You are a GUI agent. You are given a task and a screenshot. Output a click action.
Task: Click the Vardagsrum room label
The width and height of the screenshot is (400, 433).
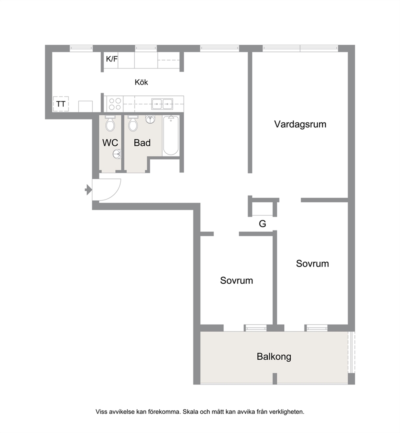(300, 124)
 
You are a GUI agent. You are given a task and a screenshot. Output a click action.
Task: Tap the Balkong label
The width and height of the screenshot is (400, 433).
(274, 357)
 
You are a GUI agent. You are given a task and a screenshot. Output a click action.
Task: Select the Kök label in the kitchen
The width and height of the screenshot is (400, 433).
(142, 82)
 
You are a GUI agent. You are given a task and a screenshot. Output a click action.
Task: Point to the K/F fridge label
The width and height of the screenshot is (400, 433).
(112, 59)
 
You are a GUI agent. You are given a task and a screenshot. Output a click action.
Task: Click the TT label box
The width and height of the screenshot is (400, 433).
(61, 104)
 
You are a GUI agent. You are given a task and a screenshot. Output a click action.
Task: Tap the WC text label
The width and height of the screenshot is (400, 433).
(110, 143)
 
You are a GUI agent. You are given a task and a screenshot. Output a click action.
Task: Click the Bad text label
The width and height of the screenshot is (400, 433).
(142, 143)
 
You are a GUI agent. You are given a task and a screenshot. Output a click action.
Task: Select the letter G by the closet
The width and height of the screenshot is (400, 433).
(262, 223)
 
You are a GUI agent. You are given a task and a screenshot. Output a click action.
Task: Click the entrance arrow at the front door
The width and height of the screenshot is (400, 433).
(88, 190)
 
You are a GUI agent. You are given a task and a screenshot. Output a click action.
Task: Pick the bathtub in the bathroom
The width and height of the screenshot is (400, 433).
(171, 135)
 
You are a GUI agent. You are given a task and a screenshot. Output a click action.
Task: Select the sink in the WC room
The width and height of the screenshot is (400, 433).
(117, 154)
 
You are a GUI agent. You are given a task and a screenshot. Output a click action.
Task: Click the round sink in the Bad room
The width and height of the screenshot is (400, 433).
(150, 119)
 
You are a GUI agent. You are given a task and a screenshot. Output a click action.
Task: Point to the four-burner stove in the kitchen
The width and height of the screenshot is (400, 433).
(115, 104)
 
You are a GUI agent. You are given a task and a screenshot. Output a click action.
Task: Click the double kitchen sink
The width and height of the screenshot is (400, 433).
(162, 104)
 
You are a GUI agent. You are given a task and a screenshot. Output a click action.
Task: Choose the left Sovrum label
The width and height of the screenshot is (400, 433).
(237, 280)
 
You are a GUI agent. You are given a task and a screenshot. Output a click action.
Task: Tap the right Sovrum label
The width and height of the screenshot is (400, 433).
(312, 264)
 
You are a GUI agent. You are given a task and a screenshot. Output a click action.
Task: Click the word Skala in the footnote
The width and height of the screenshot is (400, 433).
(190, 412)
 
